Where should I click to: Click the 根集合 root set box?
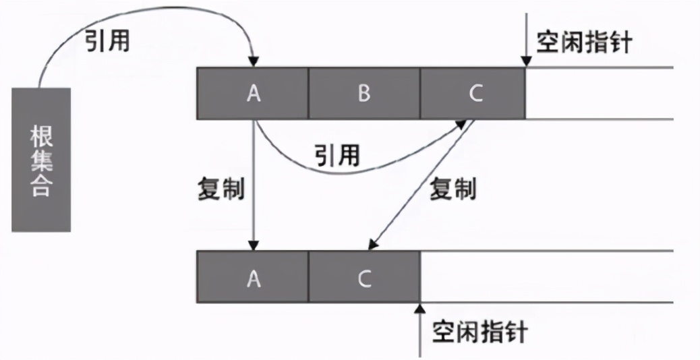[40, 160]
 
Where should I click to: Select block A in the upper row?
[253, 93]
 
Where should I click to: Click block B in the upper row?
[363, 93]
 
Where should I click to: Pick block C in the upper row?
[475, 93]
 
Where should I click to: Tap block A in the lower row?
[253, 278]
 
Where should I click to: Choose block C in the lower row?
[364, 278]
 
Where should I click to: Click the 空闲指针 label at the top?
[584, 42]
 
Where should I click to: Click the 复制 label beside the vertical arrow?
[221, 189]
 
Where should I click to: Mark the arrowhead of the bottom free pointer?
[420, 308]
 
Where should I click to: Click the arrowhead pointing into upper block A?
[253, 62]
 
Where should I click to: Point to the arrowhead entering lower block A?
[253, 246]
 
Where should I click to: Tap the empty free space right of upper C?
[599, 93]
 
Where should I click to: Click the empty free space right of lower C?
[546, 278]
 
